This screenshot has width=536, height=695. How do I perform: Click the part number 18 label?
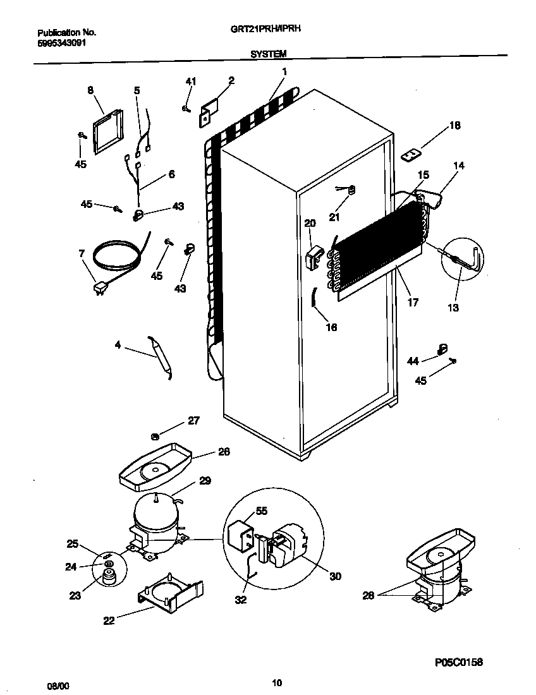pyautogui.click(x=455, y=126)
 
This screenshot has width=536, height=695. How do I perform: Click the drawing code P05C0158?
pyautogui.click(x=458, y=662)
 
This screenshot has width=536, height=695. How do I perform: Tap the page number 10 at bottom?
pyautogui.click(x=276, y=682)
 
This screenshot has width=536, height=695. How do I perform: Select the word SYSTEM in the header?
pyautogui.click(x=268, y=55)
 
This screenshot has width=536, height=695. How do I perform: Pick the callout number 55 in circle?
pyautogui.click(x=261, y=511)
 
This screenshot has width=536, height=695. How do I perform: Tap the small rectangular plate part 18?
pyautogui.click(x=411, y=154)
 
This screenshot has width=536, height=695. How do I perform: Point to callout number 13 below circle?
pyautogui.click(x=453, y=308)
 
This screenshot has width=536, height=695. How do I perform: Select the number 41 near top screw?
pyautogui.click(x=190, y=81)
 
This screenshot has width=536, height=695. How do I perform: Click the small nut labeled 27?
pyautogui.click(x=155, y=435)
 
